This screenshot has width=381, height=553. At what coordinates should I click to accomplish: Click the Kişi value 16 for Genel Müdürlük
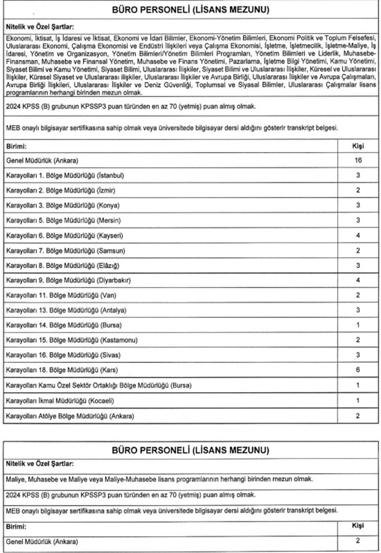tap(358, 161)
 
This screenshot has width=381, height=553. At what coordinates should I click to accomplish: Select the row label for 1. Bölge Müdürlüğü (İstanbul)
tap(65, 175)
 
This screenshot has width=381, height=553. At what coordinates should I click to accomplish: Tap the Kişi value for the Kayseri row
tap(358, 235)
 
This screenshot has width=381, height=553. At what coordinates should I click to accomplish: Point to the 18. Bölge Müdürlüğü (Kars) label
tap(62, 370)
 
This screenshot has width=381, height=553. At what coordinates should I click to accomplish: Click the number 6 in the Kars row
tap(358, 370)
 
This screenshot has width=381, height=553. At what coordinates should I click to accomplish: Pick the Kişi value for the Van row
tap(358, 295)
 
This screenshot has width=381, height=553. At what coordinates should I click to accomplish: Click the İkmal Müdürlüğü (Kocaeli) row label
tap(60, 401)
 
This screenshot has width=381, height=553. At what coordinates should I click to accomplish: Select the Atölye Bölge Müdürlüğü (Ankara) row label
tap(70, 416)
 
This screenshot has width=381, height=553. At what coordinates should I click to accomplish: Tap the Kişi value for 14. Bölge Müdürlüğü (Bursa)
tap(358, 325)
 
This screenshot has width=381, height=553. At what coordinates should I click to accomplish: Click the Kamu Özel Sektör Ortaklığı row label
tap(99, 386)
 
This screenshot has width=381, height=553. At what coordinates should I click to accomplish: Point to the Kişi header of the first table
tap(358, 146)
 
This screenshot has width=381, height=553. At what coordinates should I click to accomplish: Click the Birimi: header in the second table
tap(16, 527)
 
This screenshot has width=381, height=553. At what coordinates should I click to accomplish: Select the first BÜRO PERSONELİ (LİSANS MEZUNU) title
tap(190, 10)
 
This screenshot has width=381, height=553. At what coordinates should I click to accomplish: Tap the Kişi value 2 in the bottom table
tap(358, 541)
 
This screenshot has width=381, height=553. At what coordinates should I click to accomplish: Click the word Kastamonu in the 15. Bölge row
tap(119, 340)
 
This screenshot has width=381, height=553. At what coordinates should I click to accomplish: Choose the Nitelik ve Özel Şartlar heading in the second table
tap(40, 464)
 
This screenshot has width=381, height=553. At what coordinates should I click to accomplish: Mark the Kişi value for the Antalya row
tap(358, 310)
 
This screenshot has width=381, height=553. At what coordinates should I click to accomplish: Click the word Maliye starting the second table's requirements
tap(15, 479)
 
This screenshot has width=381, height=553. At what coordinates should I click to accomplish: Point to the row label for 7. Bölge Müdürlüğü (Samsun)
tap(65, 251)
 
